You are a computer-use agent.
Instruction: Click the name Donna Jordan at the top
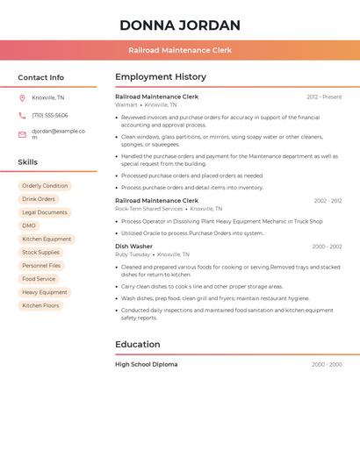(x=179, y=25)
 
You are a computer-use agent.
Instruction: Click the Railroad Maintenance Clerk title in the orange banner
(x=179, y=51)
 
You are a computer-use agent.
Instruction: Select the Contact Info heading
(x=40, y=77)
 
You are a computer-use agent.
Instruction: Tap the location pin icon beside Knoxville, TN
(x=22, y=98)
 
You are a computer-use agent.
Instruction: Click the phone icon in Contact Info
(x=22, y=116)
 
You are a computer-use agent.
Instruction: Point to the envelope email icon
(x=22, y=134)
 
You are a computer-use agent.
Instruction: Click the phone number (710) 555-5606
(x=50, y=116)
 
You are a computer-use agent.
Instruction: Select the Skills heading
(x=28, y=162)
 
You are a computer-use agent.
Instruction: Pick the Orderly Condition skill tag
(x=45, y=186)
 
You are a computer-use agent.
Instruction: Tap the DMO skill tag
(x=30, y=225)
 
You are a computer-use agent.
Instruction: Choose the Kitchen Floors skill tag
(x=41, y=305)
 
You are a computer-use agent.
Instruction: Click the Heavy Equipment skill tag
(x=45, y=292)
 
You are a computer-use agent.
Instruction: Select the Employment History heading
(x=161, y=77)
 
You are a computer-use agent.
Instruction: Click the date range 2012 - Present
(x=324, y=97)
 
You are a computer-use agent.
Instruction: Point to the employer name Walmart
(x=126, y=104)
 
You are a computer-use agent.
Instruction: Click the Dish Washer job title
(x=133, y=247)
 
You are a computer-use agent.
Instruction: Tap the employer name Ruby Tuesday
(x=133, y=254)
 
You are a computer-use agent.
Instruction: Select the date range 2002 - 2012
(x=328, y=201)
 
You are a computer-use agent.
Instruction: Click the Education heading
(x=137, y=345)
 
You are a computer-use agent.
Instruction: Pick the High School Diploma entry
(x=146, y=364)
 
